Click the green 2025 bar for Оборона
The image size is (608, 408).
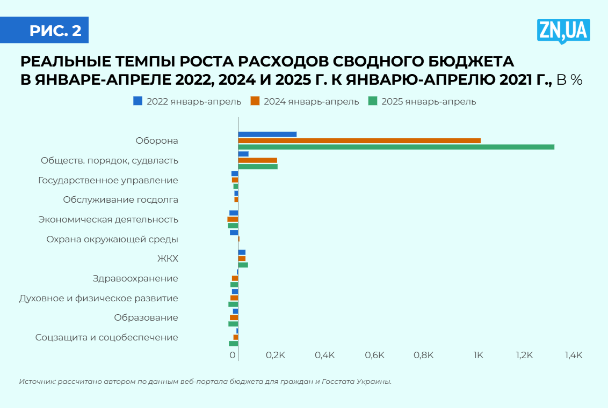tap(396, 147)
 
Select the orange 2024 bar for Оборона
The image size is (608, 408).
tap(359, 140)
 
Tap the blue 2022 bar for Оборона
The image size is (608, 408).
tap(267, 134)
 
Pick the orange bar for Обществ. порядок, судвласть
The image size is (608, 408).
tap(258, 160)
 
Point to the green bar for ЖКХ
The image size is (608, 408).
tap(243, 265)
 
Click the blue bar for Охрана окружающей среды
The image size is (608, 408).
tap(234, 233)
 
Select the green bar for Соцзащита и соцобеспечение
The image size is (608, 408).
tap(234, 344)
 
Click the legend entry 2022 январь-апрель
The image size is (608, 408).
tap(187, 101)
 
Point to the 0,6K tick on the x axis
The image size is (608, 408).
tap(374, 355)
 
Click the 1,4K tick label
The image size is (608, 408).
tap(573, 355)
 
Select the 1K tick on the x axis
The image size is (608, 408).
tap(477, 355)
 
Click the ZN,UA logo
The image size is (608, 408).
tap(563, 31)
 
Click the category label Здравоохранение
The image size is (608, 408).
tap(135, 278)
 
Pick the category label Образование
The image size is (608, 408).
tap(146, 318)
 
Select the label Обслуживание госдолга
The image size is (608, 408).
tap(120, 200)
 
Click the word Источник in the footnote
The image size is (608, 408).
tap(35, 382)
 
